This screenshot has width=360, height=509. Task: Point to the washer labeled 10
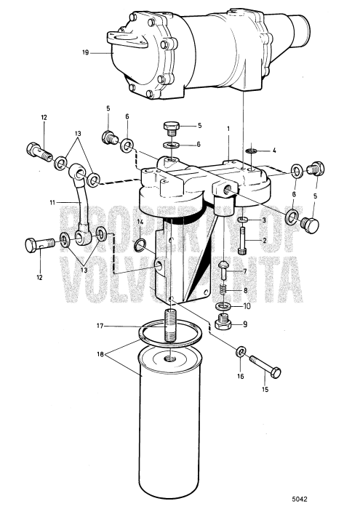[225, 305]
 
